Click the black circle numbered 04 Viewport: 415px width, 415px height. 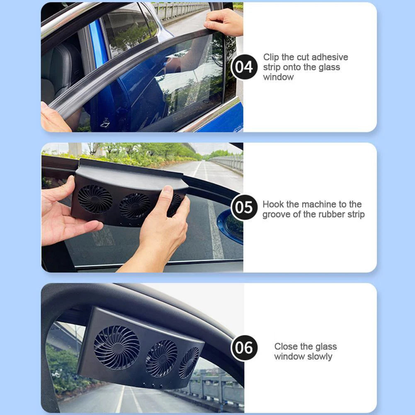pos(244,67)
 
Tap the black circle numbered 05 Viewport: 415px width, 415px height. pos(244,207)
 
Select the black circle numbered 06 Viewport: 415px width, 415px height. pos(244,347)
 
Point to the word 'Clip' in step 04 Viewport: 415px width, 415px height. pos(271,57)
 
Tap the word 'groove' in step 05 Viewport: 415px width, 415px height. pos(277,215)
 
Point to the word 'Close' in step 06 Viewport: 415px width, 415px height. pos(286,347)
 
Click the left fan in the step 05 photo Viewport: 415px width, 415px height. pos(95,199)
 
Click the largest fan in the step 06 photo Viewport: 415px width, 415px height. pos(116,347)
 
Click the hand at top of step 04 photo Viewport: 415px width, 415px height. pos(224,22)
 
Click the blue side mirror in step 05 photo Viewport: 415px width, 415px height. pos(232,226)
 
